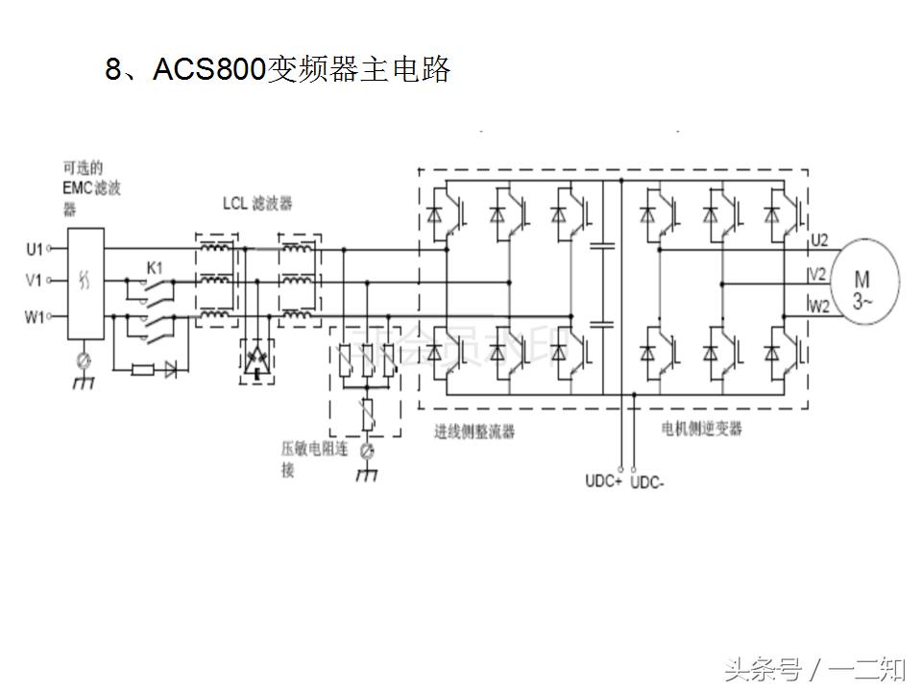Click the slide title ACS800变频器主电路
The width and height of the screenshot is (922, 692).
pos(278,70)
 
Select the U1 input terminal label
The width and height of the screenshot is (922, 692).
pos(34,250)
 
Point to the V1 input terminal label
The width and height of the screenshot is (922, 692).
pos(34,282)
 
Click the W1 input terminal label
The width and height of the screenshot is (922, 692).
pos(34,316)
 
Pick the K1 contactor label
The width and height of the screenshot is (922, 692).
pos(154,266)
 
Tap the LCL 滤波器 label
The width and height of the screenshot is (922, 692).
pos(257,204)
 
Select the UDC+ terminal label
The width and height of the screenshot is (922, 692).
pos(603,481)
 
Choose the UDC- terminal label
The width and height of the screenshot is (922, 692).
pos(646,482)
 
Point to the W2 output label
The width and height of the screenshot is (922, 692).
pos(819,307)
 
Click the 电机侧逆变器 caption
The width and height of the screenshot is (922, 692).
pos(703,429)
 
